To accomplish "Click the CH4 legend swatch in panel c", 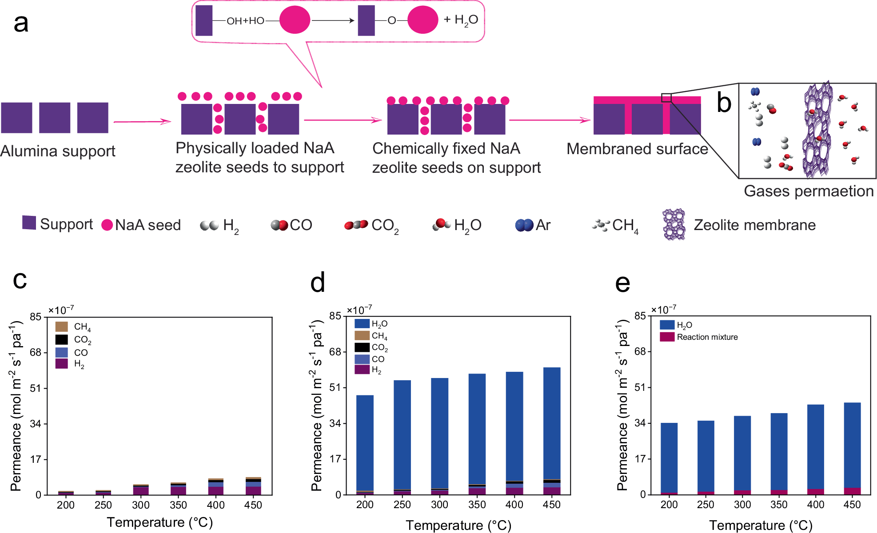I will coord(61,327).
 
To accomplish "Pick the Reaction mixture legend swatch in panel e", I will coord(667,337).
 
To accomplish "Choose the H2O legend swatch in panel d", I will coord(362,323).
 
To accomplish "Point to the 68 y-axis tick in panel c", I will coord(36,353).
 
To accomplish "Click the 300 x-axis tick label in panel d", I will coord(439,505).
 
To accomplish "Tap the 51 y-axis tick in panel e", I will coord(640,387).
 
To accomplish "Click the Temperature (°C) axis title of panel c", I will coord(159,522).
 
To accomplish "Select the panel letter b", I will coord(724,103).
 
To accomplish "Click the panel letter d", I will coord(318,282).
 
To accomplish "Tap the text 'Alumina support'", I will coord(58,151).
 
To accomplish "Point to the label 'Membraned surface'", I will coord(637,149).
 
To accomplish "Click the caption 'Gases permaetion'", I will coord(809,191).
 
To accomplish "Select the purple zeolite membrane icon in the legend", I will coord(674,225).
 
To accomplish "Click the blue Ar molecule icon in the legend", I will coord(524,225).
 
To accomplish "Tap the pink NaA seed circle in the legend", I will coord(107,225).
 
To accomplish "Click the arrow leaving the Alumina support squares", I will coord(142,121).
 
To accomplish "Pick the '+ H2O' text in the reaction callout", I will coord(461,20).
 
